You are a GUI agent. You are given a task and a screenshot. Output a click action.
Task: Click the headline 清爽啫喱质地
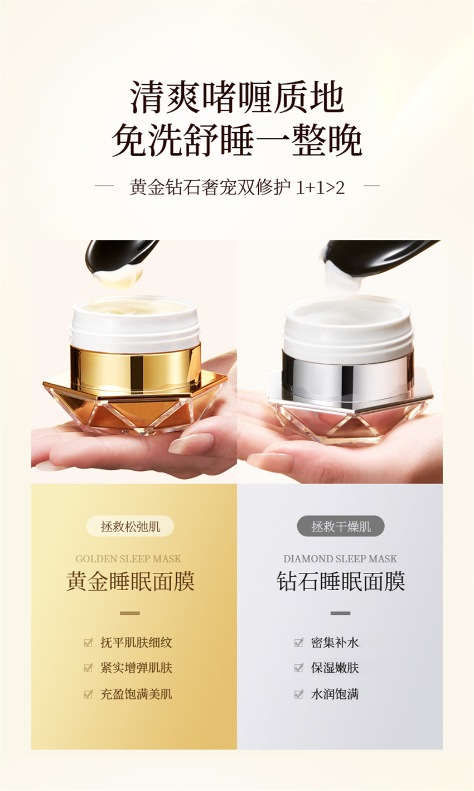click(237, 97)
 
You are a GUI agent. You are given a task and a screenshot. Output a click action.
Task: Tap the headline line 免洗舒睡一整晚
click(237, 140)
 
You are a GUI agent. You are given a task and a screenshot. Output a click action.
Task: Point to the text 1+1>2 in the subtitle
click(320, 187)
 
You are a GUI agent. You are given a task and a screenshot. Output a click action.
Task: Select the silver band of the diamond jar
click(348, 376)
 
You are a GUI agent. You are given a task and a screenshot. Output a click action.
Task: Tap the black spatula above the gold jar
click(120, 255)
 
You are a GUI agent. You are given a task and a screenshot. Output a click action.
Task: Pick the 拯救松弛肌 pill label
click(130, 526)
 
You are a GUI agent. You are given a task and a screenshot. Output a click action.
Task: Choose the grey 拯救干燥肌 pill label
click(341, 526)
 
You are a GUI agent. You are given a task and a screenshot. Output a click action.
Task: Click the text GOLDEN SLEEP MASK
click(128, 558)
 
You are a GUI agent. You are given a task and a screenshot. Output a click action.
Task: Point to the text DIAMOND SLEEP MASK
click(340, 558)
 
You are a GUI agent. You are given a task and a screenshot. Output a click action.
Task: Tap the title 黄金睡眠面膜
click(130, 581)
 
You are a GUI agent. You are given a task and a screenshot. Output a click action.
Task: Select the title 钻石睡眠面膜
click(341, 581)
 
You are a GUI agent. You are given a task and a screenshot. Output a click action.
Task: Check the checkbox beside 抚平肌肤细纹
click(88, 642)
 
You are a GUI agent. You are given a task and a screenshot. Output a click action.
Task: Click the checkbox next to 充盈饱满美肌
click(88, 694)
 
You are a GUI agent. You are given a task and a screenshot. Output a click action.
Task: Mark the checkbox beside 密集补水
click(299, 642)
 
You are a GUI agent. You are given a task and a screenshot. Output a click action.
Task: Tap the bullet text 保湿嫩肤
click(335, 668)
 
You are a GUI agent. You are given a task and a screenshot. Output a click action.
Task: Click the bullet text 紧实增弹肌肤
click(136, 668)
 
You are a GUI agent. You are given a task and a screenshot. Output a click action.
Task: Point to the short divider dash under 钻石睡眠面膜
click(341, 614)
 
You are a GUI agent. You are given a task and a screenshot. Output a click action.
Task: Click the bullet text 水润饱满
click(335, 694)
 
